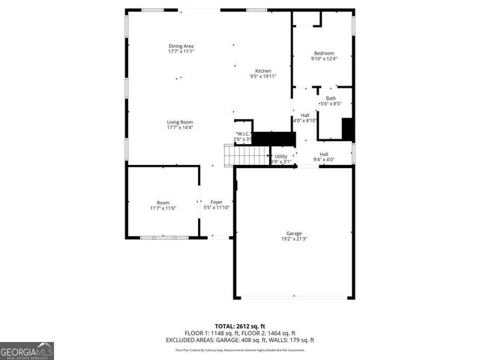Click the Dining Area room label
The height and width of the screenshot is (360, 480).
pos(181,46)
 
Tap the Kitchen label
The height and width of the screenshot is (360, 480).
pos(262,71)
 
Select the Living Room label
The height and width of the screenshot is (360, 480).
pos(180,122)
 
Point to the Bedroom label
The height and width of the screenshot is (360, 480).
pos(324,53)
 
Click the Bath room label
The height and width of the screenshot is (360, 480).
pos(331,98)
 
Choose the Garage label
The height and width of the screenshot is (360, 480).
pos(293,233)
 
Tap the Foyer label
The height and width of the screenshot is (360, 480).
pos(216,202)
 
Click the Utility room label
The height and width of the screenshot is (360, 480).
pos(280,156)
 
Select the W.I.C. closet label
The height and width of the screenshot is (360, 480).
pos(241,134)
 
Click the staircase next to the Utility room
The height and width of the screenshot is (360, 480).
pos(247,155)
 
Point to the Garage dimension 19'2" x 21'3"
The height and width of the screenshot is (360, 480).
pos(293,239)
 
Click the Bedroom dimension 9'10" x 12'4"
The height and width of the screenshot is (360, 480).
pos(324,58)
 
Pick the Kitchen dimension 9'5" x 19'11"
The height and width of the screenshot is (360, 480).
pos(262,76)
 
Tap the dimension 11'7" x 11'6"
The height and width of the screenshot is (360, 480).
pos(163,208)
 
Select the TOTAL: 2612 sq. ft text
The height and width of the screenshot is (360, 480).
pos(239,326)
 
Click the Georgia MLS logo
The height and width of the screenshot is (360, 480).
pos(27,350)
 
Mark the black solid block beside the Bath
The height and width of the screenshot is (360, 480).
pos(347,129)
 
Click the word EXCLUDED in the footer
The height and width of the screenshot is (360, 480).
pos(180,340)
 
